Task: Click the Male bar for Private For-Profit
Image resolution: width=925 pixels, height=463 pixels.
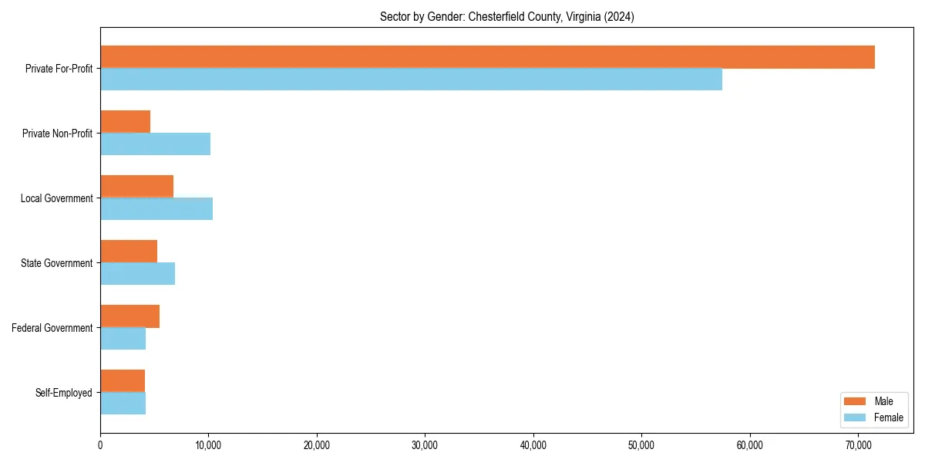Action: [x=487, y=57]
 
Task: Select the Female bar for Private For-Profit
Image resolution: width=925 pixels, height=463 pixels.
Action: [x=411, y=79]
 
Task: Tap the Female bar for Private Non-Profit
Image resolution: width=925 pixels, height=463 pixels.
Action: [x=155, y=144]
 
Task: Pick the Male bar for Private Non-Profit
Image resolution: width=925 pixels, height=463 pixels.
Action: [x=125, y=122]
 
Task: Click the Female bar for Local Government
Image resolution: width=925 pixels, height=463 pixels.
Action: [x=156, y=209]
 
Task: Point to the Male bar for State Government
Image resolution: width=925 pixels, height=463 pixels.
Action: [x=129, y=252]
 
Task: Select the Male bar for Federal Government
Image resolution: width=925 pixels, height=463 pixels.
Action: [x=129, y=316]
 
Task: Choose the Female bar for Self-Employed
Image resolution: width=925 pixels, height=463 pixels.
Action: [x=123, y=404]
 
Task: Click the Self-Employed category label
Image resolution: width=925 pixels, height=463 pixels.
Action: [x=63, y=393]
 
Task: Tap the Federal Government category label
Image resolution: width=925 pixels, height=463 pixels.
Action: [x=52, y=328]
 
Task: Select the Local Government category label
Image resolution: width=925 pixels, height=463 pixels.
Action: [x=56, y=198]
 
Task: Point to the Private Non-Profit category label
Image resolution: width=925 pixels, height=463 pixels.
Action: [x=57, y=133]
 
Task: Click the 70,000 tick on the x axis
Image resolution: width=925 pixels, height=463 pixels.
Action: [x=858, y=445]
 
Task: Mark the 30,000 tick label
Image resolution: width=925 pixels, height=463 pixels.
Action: [x=425, y=445]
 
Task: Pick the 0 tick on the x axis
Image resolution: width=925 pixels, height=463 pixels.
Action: [x=100, y=445]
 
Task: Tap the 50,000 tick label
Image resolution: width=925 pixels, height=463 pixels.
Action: [x=641, y=445]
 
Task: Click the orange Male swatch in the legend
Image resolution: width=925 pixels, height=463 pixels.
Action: [x=856, y=401]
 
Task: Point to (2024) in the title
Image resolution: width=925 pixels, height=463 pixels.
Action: [x=620, y=17]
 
